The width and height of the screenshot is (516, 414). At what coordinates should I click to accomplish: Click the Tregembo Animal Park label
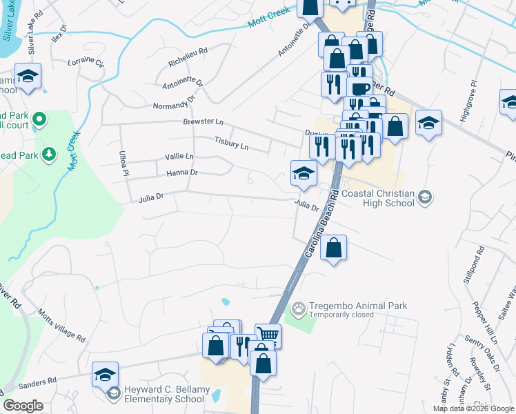coord(358,306)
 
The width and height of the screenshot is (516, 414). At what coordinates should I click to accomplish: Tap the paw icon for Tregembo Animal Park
coord(299,308)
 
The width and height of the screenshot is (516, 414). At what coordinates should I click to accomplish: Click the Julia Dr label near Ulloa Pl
coord(150,197)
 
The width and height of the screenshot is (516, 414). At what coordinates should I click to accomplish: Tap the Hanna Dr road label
coord(181,172)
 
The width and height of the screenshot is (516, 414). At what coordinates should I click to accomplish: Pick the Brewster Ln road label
coord(203,122)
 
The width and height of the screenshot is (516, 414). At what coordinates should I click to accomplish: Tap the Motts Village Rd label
coord(61,327)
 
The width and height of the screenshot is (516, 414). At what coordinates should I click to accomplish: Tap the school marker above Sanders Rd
coord(105,374)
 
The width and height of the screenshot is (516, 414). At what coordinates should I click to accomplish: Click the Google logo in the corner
coord(23,406)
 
